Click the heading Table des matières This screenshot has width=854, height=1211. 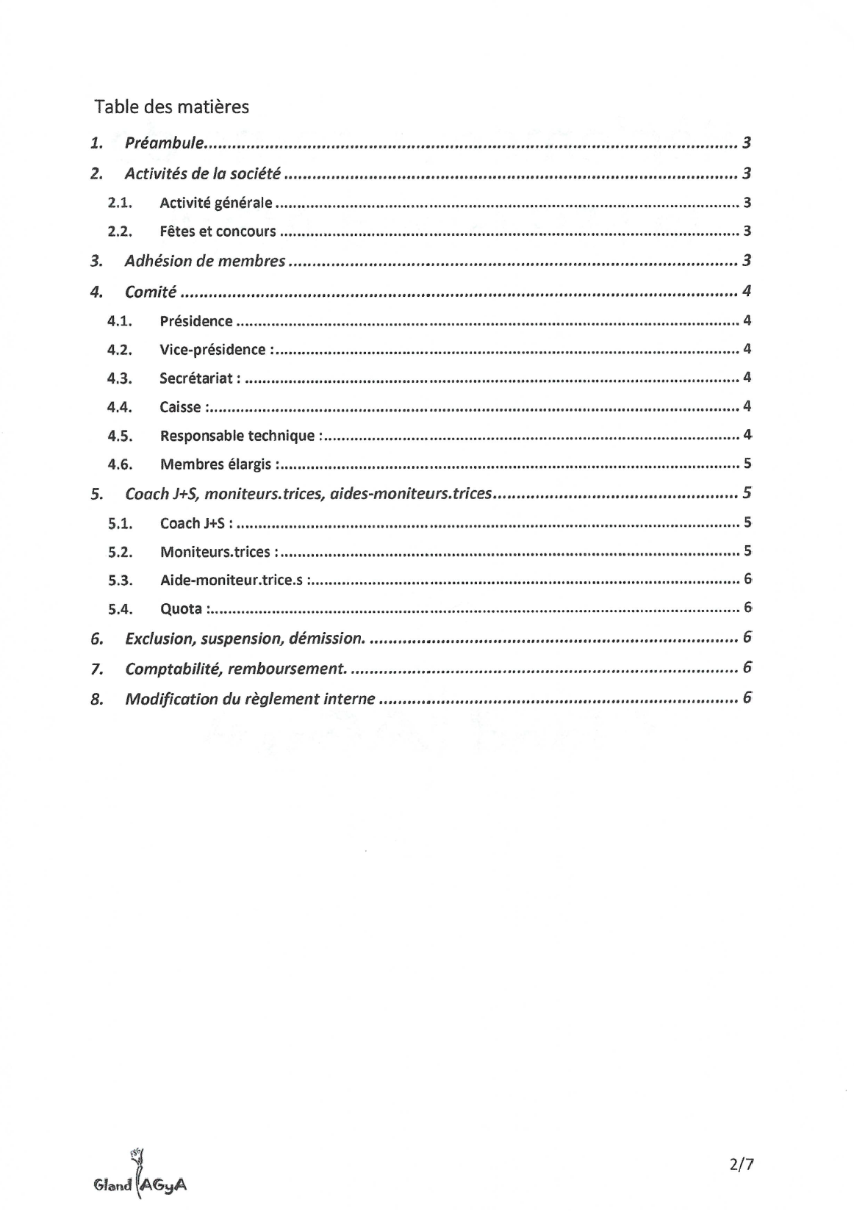[x=171, y=107]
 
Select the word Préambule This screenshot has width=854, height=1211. [x=163, y=143]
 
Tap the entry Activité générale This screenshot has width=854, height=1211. [x=215, y=203]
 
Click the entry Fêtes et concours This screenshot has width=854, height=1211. [x=218, y=231]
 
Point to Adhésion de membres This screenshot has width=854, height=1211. [x=204, y=261]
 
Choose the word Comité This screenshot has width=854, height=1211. [x=150, y=292]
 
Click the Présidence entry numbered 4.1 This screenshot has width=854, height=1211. [x=195, y=321]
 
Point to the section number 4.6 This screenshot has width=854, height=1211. [x=119, y=464]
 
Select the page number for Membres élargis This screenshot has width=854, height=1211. [x=747, y=464]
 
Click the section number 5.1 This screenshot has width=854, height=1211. [x=119, y=523]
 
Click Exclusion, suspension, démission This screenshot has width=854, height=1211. [x=244, y=639]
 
